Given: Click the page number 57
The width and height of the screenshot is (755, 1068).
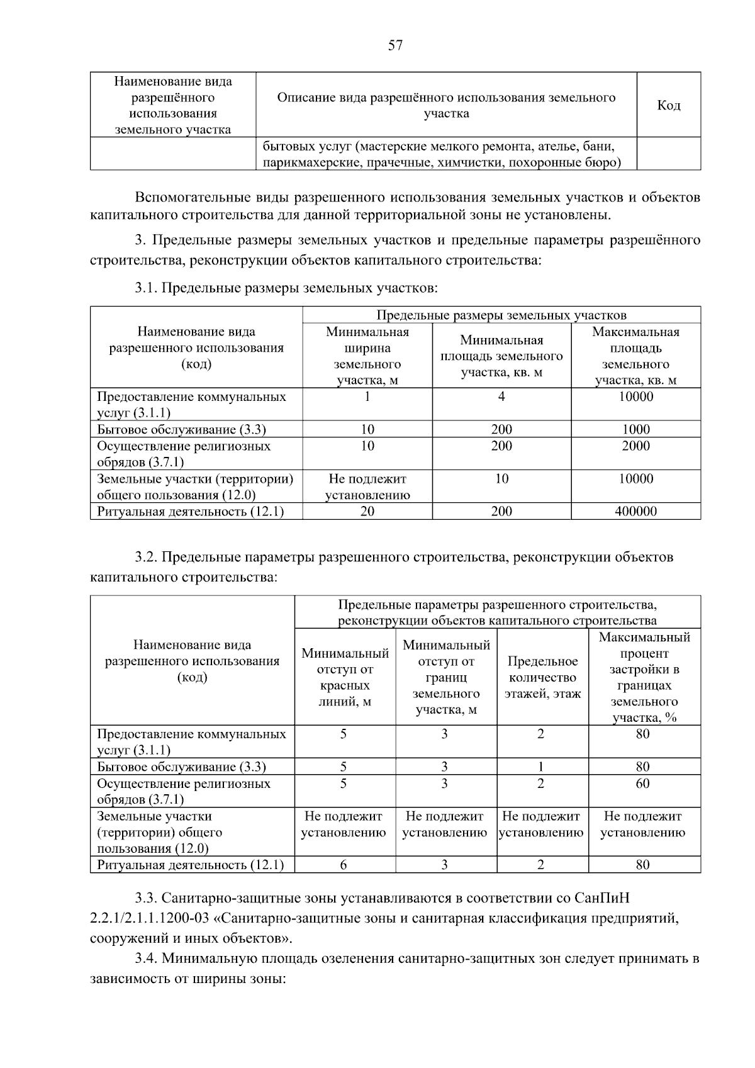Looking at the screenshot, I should (x=395, y=45).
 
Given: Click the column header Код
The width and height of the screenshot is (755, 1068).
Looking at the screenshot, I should (x=668, y=105).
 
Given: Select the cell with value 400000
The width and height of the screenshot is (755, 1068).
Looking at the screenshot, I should (x=635, y=512).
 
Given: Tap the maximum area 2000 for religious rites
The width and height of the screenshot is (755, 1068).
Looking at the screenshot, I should (x=635, y=446).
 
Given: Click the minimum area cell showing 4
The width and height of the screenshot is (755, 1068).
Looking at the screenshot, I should (x=501, y=397).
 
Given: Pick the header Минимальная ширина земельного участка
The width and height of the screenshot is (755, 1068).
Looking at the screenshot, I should (x=367, y=356).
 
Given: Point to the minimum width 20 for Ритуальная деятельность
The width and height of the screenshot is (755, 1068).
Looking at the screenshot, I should (x=367, y=512).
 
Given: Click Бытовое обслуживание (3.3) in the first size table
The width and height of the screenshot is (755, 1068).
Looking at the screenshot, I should (x=182, y=430).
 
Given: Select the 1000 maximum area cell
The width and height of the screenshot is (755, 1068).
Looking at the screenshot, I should (x=635, y=430).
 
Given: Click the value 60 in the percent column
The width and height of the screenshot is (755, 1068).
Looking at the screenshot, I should (x=642, y=784).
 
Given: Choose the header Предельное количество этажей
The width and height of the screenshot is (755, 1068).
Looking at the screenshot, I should (x=542, y=678).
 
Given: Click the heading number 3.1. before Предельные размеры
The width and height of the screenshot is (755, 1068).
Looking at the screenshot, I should (x=146, y=289).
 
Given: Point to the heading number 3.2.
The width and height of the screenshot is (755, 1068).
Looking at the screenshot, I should (x=146, y=558).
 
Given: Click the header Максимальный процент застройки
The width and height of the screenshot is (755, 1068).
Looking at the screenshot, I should (x=644, y=678).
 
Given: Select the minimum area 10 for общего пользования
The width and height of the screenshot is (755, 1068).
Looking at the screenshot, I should (x=501, y=479).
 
